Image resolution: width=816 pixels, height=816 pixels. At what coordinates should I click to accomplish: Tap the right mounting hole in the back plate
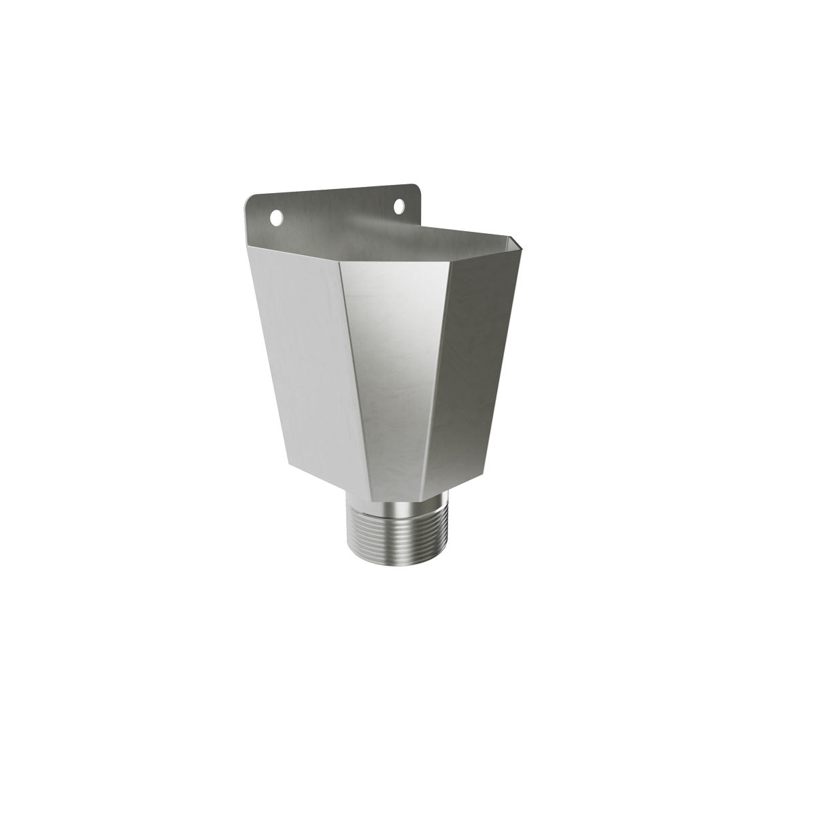400,205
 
